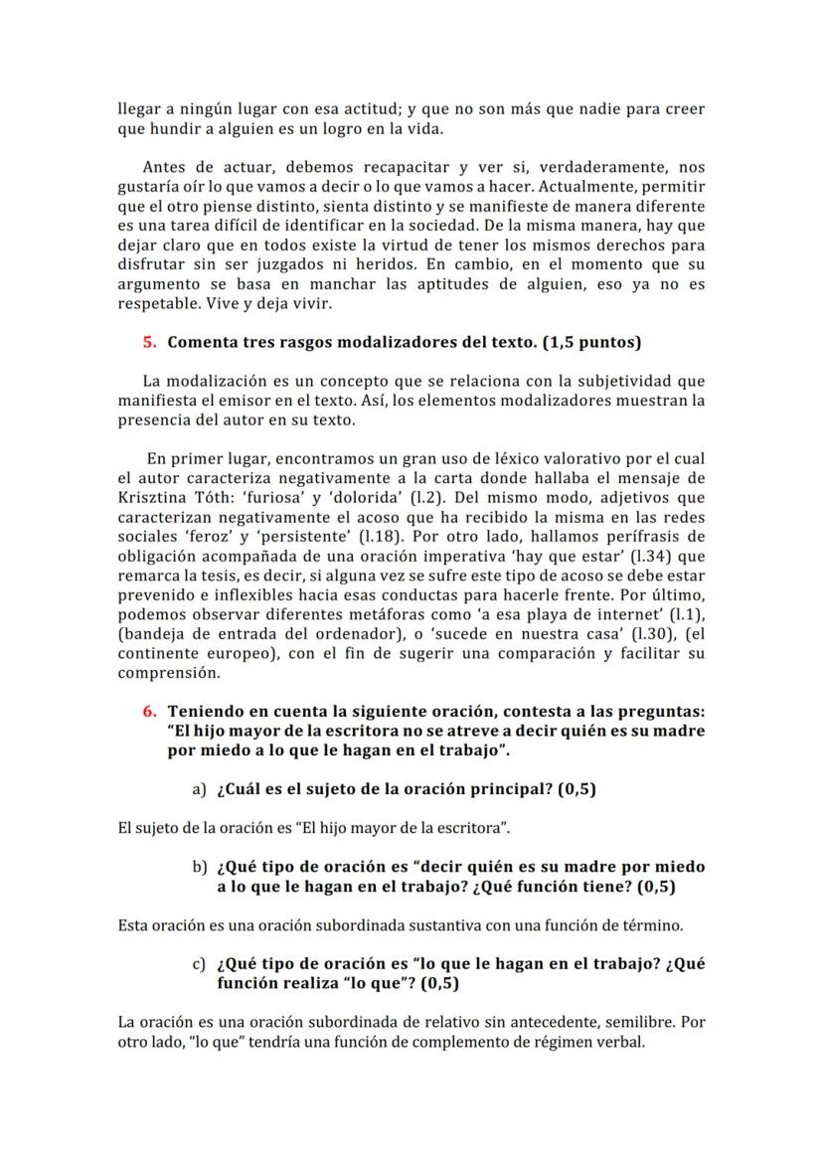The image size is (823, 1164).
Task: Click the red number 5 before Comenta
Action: click(149, 342)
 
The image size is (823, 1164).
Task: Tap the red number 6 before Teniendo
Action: click(149, 711)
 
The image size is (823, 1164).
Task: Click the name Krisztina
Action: click(156, 497)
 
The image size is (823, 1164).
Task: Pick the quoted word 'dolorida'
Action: click(355, 497)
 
